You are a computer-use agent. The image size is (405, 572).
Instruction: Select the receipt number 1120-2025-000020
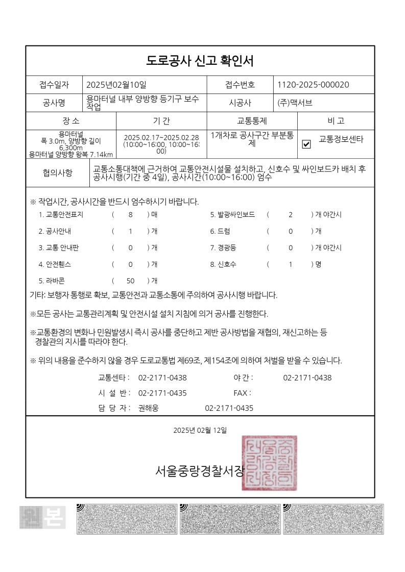pyautogui.click(x=313, y=85)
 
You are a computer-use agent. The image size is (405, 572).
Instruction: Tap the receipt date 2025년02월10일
pyautogui.click(x=116, y=85)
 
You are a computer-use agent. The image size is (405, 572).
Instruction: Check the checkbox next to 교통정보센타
pyautogui.click(x=306, y=144)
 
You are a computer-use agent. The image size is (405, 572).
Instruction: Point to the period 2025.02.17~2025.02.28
pyautogui.click(x=161, y=137)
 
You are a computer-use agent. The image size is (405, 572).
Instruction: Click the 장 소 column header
pyautogui.click(x=71, y=121)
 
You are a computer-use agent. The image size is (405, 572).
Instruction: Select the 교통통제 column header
pyautogui.click(x=252, y=121)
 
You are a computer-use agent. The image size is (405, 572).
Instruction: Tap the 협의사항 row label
pyautogui.click(x=57, y=172)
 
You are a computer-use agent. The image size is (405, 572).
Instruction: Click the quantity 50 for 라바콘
pyautogui.click(x=130, y=281)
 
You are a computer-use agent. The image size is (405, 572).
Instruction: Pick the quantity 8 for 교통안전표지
pyautogui.click(x=130, y=215)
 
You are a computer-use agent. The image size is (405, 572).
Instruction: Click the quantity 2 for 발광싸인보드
pyautogui.click(x=290, y=215)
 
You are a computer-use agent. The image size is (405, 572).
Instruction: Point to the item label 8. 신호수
pyautogui.click(x=223, y=264)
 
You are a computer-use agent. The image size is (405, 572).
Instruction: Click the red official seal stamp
pyautogui.click(x=269, y=463)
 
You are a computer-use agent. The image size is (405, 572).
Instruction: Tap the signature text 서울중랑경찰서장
pyautogui.click(x=200, y=471)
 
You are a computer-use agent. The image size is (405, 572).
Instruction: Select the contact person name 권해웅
pyautogui.click(x=149, y=408)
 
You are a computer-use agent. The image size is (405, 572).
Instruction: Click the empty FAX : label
pyautogui.click(x=242, y=393)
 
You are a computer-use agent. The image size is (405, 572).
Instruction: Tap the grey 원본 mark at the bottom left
pyautogui.click(x=42, y=517)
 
